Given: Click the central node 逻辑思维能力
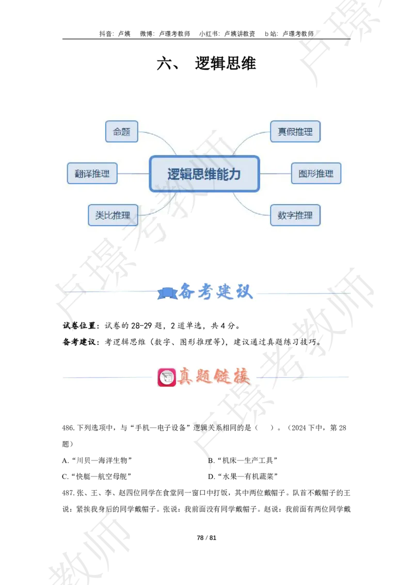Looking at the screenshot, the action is click(x=204, y=174).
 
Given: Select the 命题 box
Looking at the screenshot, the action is click(x=122, y=132).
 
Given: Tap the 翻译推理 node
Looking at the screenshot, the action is click(x=92, y=174).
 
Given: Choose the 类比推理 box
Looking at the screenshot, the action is click(x=113, y=215).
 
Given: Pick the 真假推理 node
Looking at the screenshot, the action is click(x=295, y=132).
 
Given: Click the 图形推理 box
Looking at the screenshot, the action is click(x=316, y=174).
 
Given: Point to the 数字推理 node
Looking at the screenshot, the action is click(x=295, y=215).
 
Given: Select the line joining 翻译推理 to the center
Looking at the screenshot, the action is click(x=133, y=174).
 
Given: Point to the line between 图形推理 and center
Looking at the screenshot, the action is click(x=275, y=174).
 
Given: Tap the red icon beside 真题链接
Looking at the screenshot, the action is click(x=166, y=377).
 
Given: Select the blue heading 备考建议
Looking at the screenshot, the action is click(x=216, y=292).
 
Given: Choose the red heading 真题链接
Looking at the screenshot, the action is click(x=213, y=377).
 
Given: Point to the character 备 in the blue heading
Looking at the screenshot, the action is click(x=187, y=292).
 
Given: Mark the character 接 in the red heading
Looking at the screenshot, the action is click(x=241, y=377).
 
